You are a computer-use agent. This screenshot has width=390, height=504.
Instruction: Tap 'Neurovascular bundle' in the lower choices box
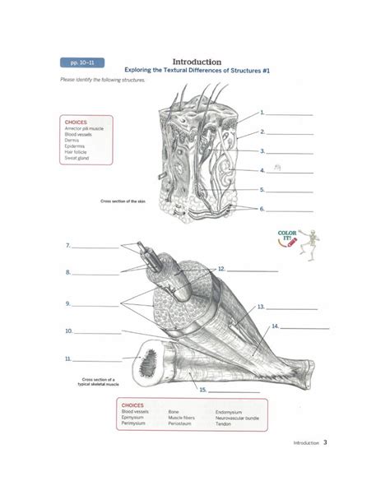239,418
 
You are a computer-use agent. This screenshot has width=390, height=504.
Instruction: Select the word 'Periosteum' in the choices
180,425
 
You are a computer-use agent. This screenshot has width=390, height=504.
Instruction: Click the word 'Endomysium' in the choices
228,410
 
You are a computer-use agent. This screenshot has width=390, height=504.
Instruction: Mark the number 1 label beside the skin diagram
261,112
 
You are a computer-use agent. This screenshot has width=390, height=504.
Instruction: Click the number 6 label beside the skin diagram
261,209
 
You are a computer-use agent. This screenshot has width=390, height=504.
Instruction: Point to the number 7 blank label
68,245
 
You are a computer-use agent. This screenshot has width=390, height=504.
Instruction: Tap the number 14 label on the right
274,326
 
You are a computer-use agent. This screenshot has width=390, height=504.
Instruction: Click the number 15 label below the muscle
202,390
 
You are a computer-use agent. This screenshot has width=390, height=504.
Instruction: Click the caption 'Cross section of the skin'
122,200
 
